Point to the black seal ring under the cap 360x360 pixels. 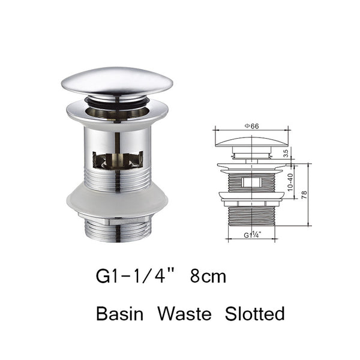117,102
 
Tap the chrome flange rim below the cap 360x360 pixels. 117,114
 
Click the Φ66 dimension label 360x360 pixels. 251,125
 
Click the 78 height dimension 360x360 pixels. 304,195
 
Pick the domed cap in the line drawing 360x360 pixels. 251,142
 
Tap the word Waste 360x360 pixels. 188,313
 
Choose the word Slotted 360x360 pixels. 254,313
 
